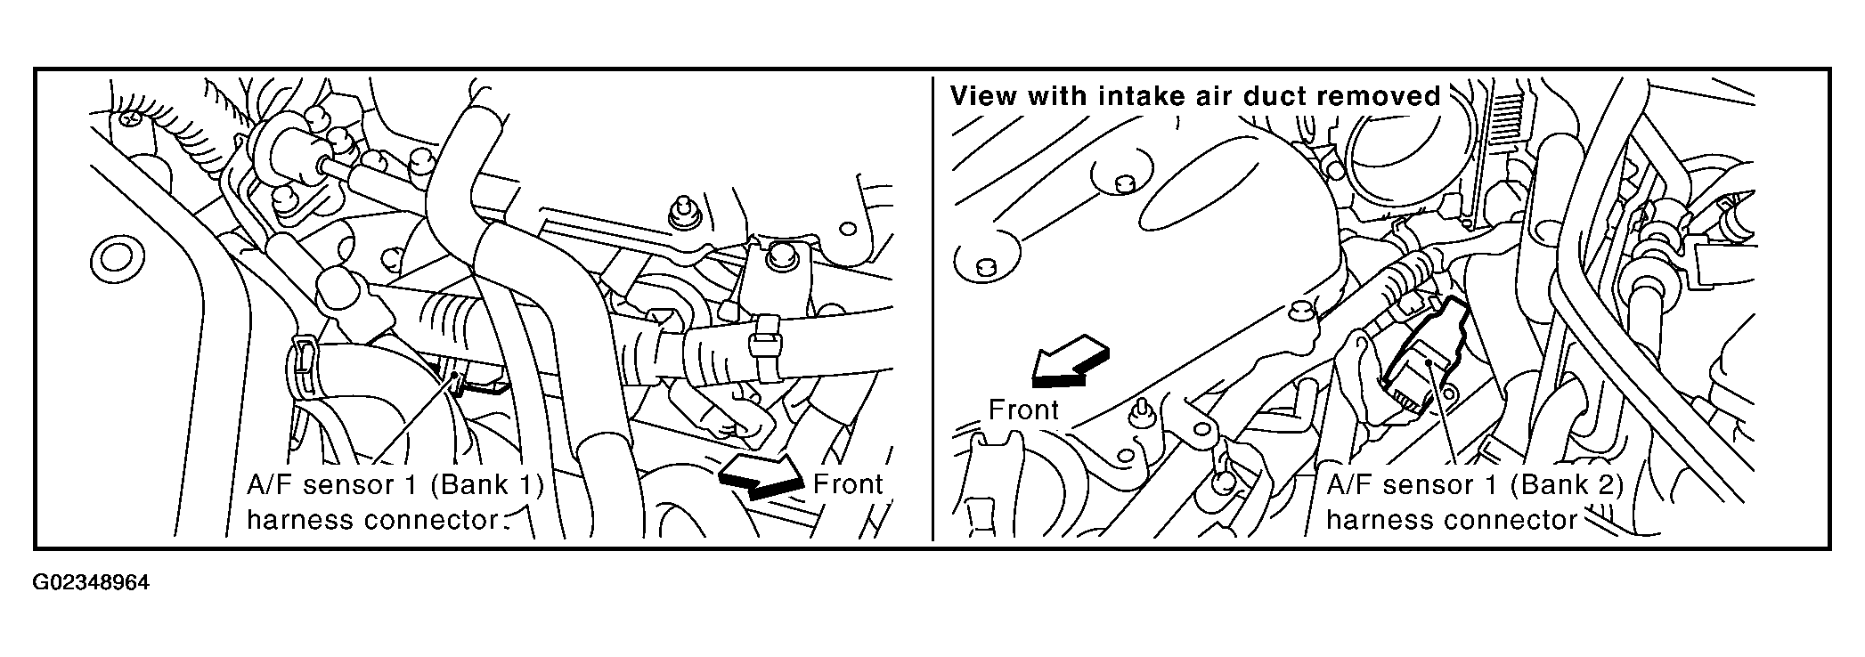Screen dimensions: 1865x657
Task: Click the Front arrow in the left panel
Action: (761, 476)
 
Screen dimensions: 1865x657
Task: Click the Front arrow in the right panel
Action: (1070, 361)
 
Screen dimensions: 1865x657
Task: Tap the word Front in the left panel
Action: (848, 484)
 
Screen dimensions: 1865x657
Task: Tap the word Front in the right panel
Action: (1024, 410)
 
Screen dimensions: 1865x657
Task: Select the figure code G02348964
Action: (92, 584)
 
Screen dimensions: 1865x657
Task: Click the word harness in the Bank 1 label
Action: (300, 520)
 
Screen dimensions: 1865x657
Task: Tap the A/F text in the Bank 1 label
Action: (270, 485)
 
